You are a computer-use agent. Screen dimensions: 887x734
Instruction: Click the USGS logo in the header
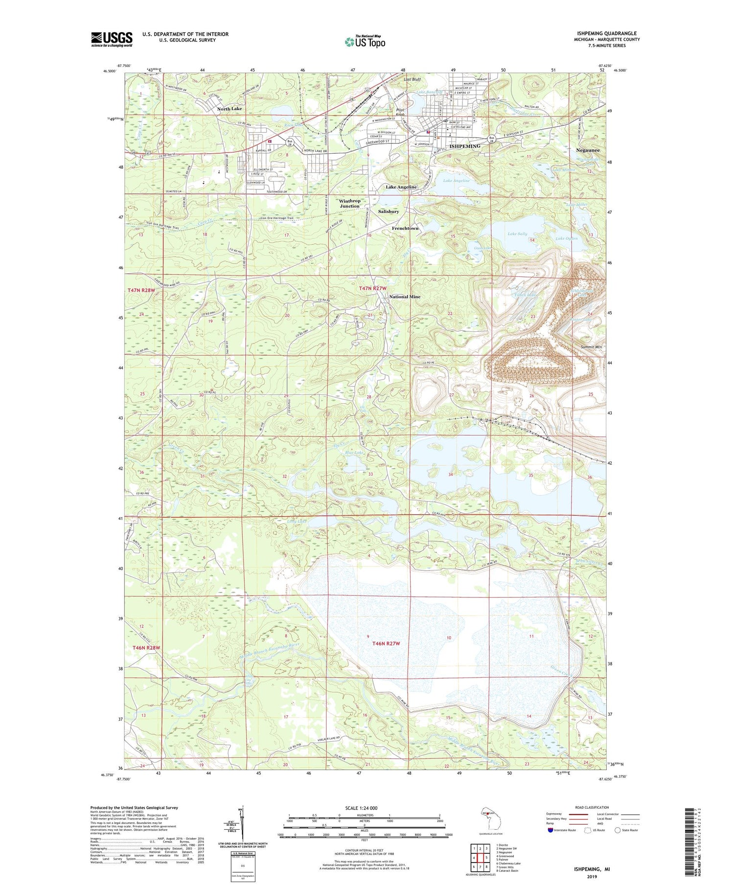click(x=112, y=39)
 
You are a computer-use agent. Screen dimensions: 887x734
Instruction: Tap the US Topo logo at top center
click(x=365, y=42)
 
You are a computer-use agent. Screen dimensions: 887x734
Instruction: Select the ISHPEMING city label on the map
click(x=464, y=146)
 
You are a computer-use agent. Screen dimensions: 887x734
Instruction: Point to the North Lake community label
click(x=229, y=109)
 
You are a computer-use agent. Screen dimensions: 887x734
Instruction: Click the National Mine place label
click(x=405, y=297)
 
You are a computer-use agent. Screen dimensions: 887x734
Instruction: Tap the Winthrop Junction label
click(x=349, y=204)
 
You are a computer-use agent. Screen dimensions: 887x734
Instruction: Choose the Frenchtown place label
click(x=405, y=228)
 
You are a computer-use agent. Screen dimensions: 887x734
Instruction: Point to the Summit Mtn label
click(x=591, y=347)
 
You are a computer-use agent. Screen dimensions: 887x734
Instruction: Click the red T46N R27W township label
click(x=386, y=643)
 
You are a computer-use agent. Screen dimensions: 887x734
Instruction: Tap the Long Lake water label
click(x=297, y=521)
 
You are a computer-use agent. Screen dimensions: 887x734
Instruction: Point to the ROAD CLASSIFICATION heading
click(x=592, y=807)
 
